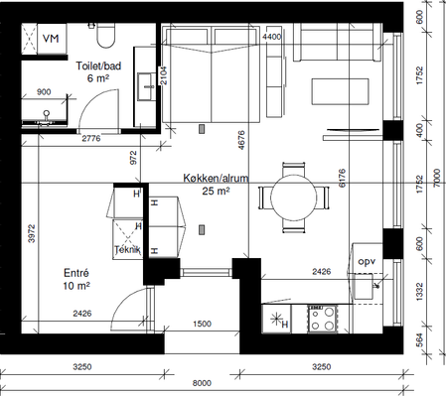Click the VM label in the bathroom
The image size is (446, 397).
pos(51,39)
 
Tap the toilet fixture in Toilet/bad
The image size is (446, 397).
pos(105,35)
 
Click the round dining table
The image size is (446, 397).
pos(293,198)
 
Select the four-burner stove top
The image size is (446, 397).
pos(322,319)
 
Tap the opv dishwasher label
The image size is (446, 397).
pos(367,262)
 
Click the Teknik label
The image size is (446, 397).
pos(127,249)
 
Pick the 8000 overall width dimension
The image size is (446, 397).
pos(202,383)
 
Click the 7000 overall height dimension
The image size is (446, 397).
pos(437,178)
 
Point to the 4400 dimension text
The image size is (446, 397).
pos(271,37)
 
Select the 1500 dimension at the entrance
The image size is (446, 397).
pos(202,324)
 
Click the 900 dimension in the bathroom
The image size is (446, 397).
pos(44,92)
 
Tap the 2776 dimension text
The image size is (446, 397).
pos(91,138)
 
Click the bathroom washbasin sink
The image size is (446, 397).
pos(146,86)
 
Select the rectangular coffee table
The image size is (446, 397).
pos(340,91)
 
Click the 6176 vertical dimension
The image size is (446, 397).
pos(342,178)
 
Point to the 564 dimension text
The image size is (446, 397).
pos(419,340)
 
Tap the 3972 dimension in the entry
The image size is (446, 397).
pos(32,234)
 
